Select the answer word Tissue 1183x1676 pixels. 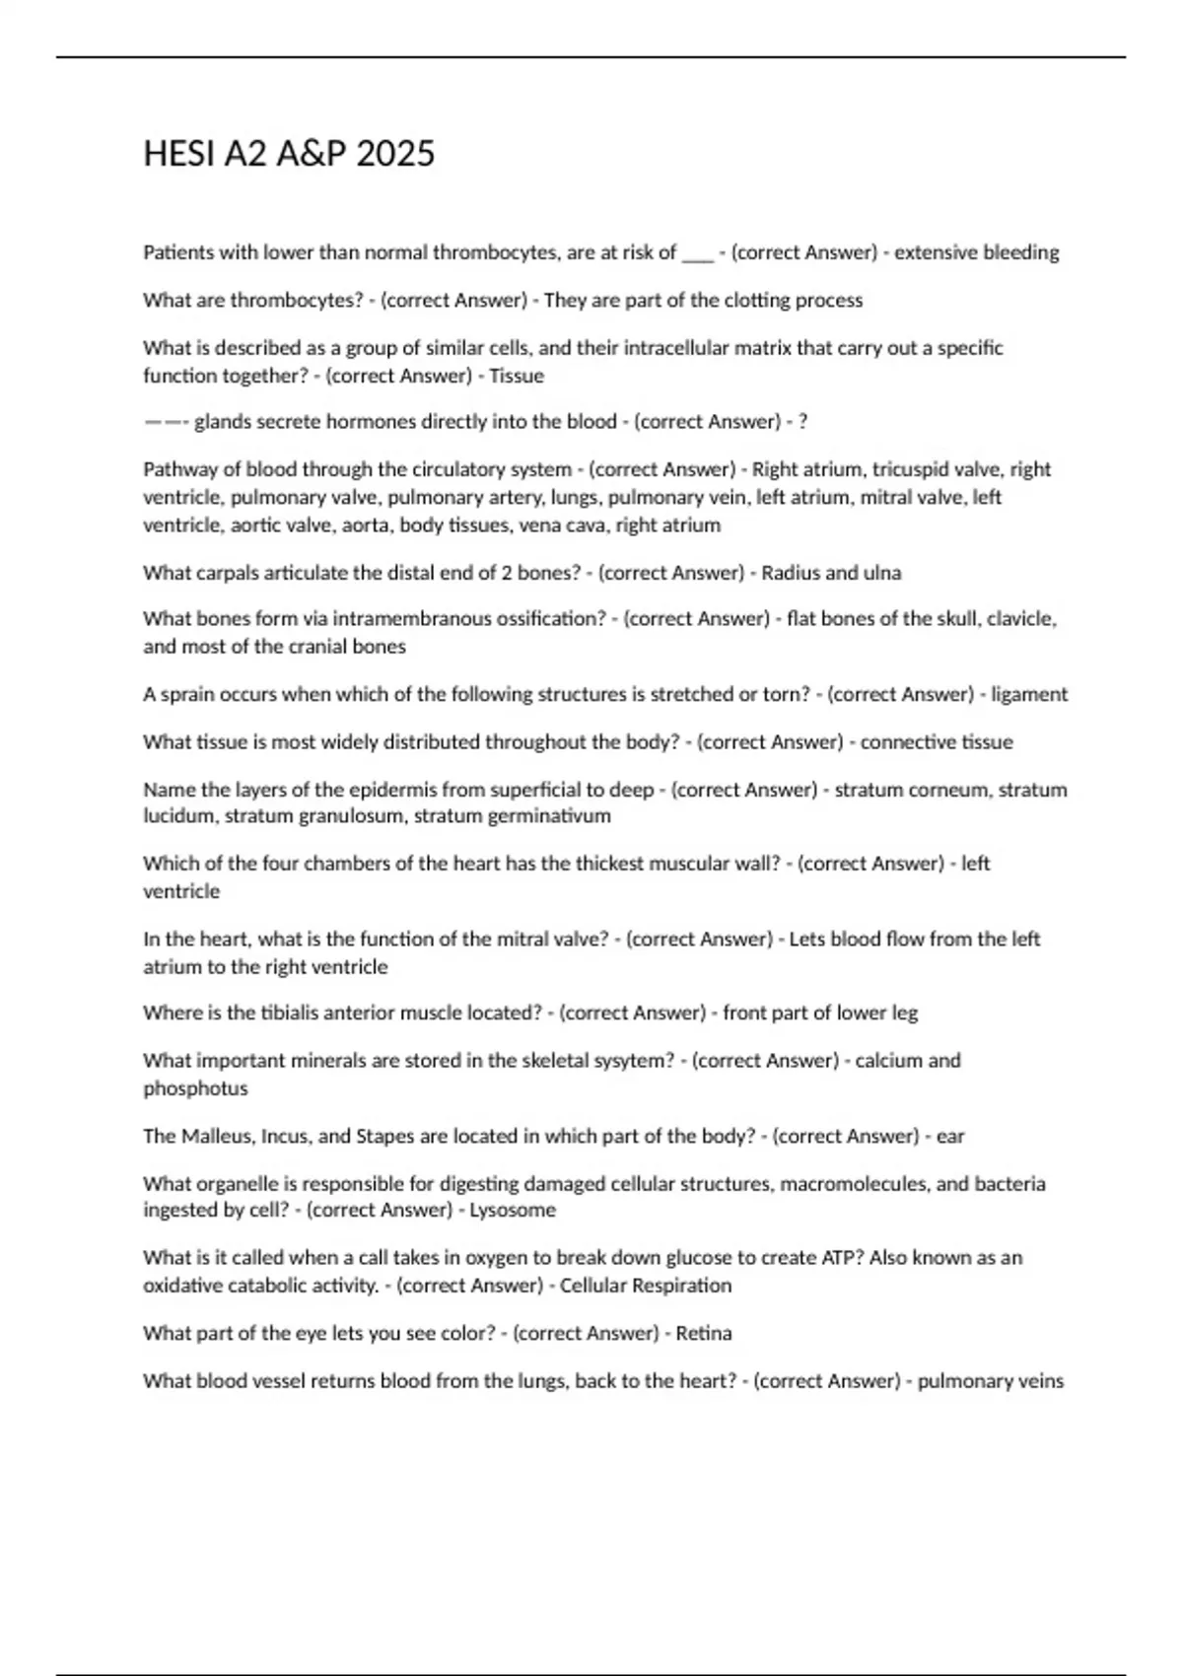click(517, 376)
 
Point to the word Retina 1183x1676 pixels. click(704, 1333)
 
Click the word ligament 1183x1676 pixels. click(1029, 694)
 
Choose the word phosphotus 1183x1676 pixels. click(195, 1088)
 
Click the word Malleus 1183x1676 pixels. click(216, 1136)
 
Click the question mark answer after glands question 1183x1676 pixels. click(802, 422)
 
